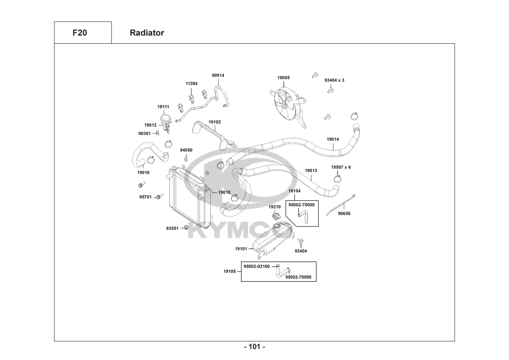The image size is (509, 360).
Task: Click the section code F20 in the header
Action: point(79,33)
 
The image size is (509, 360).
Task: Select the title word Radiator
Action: point(147,33)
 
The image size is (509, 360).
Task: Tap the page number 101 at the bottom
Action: point(254,347)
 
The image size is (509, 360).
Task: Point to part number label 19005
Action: point(283,78)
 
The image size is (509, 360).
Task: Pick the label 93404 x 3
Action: point(334,80)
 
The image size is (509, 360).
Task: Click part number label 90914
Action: point(218,76)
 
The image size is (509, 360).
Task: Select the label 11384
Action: point(191,84)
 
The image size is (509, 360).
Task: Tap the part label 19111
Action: point(163,107)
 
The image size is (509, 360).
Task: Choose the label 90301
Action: point(145,134)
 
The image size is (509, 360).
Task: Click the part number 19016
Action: point(143,172)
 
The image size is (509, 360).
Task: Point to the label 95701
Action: point(145,197)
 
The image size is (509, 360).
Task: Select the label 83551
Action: point(172,228)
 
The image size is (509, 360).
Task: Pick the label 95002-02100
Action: point(256,266)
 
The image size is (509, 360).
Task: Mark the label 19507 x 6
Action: point(341,167)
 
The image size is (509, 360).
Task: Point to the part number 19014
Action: point(332,139)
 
